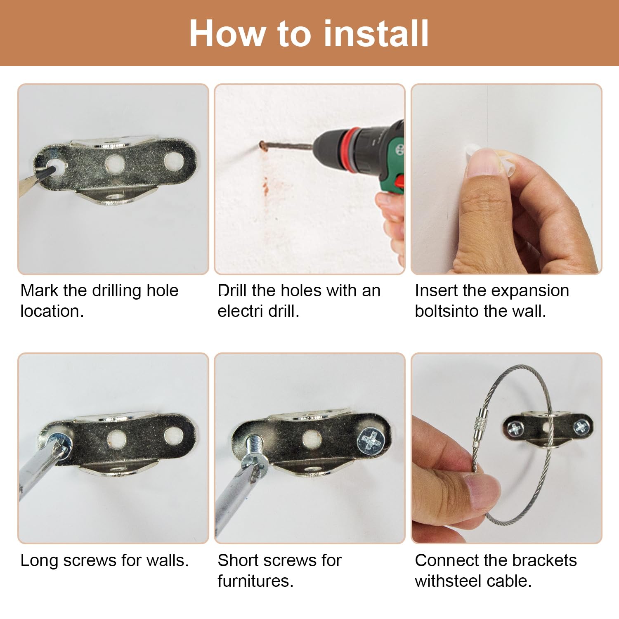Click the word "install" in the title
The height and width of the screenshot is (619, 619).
(376, 33)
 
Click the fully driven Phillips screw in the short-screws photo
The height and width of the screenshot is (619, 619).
(372, 441)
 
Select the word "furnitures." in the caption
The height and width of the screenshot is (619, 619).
(255, 581)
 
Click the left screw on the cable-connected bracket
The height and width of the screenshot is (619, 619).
(515, 429)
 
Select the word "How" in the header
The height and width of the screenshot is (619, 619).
(227, 33)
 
